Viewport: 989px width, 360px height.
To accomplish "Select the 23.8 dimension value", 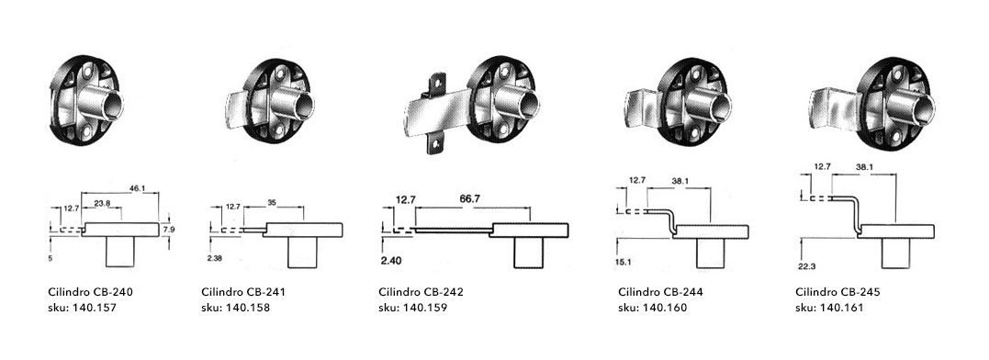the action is pyautogui.click(x=102, y=203).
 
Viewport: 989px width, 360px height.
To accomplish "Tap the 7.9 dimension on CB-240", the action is pyautogui.click(x=168, y=231).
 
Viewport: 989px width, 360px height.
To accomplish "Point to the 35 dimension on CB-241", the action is pyautogui.click(x=272, y=202).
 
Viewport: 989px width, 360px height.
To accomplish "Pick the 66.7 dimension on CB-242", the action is pyautogui.click(x=469, y=198).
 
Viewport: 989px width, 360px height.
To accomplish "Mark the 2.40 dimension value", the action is pyautogui.click(x=392, y=260).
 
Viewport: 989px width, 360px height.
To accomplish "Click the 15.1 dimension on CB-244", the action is pyautogui.click(x=622, y=263).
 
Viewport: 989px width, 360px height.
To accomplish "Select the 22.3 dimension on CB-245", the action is pyautogui.click(x=805, y=266).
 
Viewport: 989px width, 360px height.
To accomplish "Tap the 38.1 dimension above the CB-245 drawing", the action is pyautogui.click(x=864, y=168).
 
